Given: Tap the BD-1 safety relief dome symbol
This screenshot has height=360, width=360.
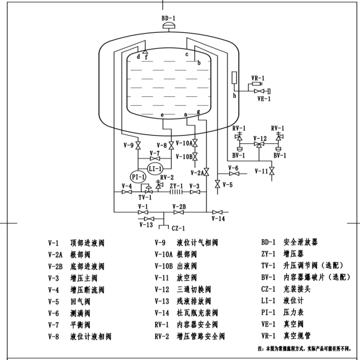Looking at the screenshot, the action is [x=169, y=26].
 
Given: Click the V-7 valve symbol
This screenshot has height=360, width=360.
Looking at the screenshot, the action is [x=155, y=158].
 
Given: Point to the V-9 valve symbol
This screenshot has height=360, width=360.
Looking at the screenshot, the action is [x=138, y=145].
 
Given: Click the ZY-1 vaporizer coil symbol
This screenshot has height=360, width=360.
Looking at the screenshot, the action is [x=176, y=192].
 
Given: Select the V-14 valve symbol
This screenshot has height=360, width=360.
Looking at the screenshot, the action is [x=217, y=212].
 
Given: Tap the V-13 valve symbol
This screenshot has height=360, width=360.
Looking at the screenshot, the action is [x=149, y=219].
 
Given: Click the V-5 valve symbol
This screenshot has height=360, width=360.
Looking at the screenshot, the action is [x=217, y=184].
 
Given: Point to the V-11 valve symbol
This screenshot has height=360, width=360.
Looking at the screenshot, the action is [x=272, y=171].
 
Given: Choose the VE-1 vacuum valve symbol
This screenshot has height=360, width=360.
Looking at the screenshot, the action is [x=259, y=91].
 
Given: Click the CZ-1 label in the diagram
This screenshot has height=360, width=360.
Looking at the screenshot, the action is [x=178, y=228].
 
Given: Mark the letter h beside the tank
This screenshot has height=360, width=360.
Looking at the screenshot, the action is [x=234, y=95].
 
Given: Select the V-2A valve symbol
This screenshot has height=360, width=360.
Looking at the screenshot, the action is [x=207, y=172].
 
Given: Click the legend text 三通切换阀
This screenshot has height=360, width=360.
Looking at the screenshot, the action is [x=194, y=289].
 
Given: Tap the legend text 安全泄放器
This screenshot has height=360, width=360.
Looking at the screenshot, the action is [x=301, y=242].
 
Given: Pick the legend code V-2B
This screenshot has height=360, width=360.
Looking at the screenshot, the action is [x=55, y=266].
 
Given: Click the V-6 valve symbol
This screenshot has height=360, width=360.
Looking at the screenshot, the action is [x=234, y=174].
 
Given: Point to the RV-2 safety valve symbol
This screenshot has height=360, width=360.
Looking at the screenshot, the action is [x=158, y=185].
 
